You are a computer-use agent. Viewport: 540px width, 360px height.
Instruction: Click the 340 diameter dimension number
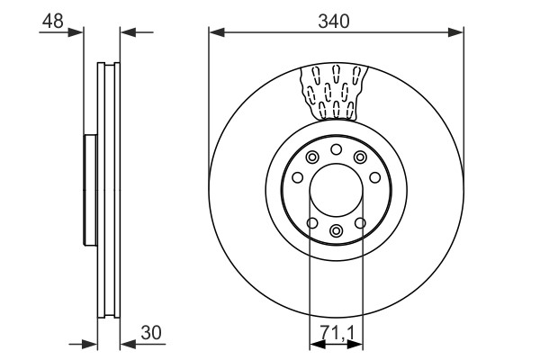[333, 22]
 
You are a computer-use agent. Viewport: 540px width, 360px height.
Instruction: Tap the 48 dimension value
[53, 22]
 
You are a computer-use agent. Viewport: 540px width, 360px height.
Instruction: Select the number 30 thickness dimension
[151, 333]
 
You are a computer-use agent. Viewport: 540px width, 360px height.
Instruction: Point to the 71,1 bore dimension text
[337, 333]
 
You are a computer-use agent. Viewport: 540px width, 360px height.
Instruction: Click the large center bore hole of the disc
[336, 190]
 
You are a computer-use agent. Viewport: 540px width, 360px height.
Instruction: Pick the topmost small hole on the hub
[336, 149]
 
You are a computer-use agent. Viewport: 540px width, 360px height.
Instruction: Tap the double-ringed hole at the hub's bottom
[336, 230]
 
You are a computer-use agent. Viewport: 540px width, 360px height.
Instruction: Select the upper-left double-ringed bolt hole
[312, 157]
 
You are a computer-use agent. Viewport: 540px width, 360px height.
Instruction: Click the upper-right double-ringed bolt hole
[360, 157]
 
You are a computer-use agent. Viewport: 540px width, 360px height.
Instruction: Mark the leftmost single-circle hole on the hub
[297, 178]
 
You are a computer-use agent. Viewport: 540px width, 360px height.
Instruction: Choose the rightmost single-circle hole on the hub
[375, 178]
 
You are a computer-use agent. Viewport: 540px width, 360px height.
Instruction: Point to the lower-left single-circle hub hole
[312, 223]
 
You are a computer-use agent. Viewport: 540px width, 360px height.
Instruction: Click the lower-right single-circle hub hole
[360, 223]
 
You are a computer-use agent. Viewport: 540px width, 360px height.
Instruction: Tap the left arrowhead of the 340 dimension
[217, 32]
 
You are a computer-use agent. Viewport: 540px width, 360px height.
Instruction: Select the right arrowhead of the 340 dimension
[455, 32]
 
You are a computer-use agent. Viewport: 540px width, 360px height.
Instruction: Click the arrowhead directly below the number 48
[76, 32]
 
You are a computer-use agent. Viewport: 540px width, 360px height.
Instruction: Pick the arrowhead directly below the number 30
[128, 344]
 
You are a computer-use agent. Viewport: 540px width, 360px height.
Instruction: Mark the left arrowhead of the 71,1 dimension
[318, 344]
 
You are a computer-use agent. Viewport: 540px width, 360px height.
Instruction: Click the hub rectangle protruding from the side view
[90, 190]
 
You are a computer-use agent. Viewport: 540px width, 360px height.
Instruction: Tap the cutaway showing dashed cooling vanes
[333, 93]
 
